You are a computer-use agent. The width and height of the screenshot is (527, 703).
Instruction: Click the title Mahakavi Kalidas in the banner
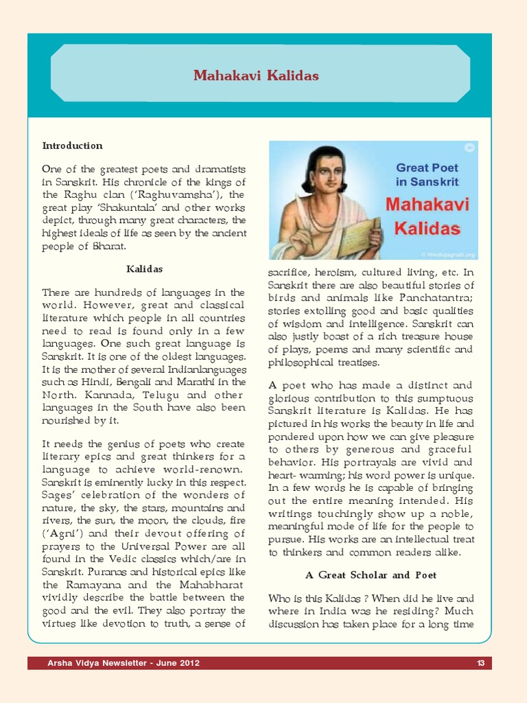[256, 76]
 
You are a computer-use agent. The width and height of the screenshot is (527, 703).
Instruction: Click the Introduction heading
[72, 146]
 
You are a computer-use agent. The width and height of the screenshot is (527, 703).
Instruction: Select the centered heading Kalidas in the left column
[144, 268]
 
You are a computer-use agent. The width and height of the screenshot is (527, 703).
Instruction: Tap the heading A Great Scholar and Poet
[371, 575]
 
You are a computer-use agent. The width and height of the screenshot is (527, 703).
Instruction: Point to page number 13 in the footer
[480, 663]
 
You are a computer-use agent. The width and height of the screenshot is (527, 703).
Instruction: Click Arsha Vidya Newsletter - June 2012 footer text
[124, 663]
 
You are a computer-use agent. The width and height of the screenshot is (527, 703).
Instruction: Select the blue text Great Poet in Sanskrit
[427, 174]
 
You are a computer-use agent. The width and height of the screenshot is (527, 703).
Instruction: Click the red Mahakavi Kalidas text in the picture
[427, 216]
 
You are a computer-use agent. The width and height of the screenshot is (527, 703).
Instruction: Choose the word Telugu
[159, 395]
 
